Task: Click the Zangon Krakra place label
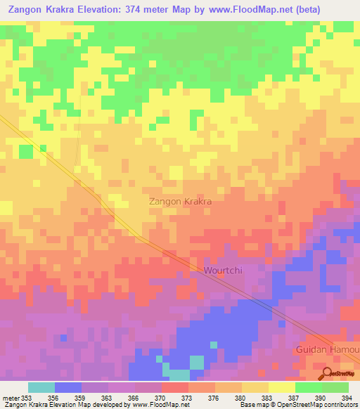click(x=181, y=201)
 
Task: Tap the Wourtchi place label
click(x=224, y=270)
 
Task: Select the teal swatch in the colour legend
click(x=41, y=387)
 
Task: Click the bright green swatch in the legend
click(x=308, y=387)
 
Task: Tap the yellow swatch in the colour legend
click(x=281, y=387)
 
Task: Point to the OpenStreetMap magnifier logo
click(x=328, y=373)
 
